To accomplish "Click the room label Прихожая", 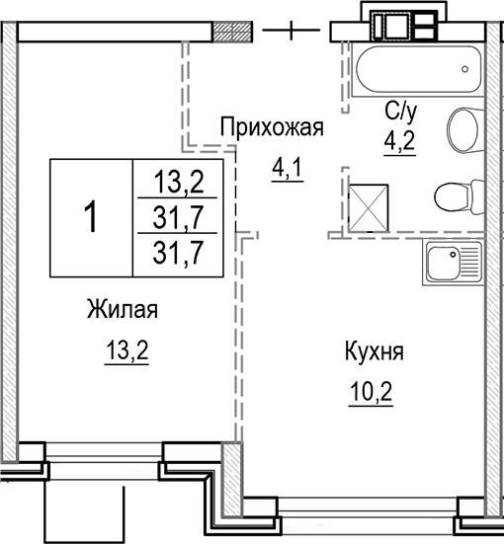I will point(272,127).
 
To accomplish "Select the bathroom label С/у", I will point(399,112).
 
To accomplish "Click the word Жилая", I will point(123,310).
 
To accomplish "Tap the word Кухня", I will point(375,351).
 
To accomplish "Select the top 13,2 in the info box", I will point(179,182).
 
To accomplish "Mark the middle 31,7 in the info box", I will point(179,215).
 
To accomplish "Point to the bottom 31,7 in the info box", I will point(179,252).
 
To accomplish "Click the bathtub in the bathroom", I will point(416,68).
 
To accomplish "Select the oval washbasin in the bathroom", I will point(462,129).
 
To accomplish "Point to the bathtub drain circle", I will point(464,69).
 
